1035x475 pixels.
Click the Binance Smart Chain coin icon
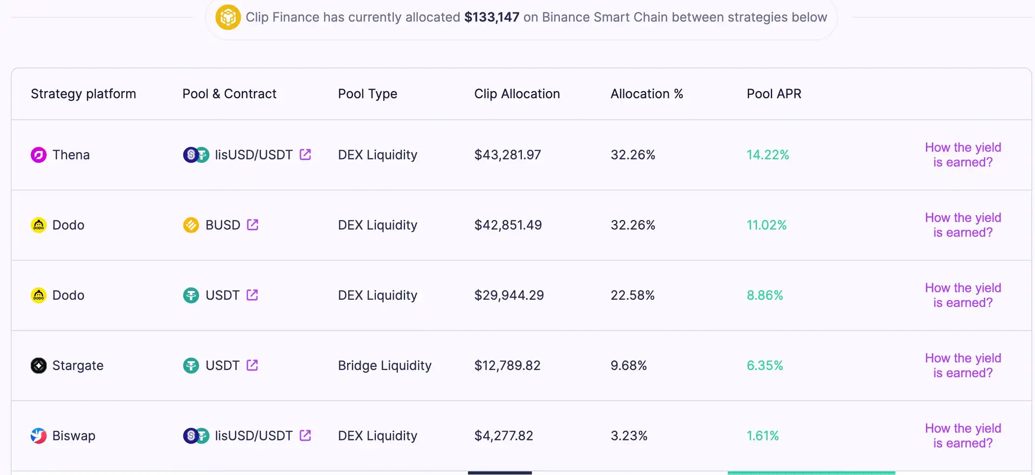click(228, 17)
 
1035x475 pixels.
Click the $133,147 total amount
click(492, 17)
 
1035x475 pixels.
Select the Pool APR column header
click(774, 94)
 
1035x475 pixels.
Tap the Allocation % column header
click(646, 94)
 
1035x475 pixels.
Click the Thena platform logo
click(38, 155)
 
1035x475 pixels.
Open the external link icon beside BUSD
click(252, 225)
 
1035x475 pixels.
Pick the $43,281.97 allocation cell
click(507, 155)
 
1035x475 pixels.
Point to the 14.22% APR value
click(768, 155)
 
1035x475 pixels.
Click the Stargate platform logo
click(38, 366)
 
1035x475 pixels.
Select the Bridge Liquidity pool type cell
click(384, 366)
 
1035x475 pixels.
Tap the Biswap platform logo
click(38, 436)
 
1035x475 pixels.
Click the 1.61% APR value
click(762, 436)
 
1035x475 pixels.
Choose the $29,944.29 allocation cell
click(509, 295)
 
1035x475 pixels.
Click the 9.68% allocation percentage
click(628, 366)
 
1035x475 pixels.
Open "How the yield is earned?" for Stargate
click(963, 366)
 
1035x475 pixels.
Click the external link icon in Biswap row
click(305, 435)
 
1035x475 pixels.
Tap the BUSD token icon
click(191, 225)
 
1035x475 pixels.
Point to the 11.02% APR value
click(766, 225)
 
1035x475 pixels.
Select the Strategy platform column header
click(83, 94)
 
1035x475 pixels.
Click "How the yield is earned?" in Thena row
click(963, 155)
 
